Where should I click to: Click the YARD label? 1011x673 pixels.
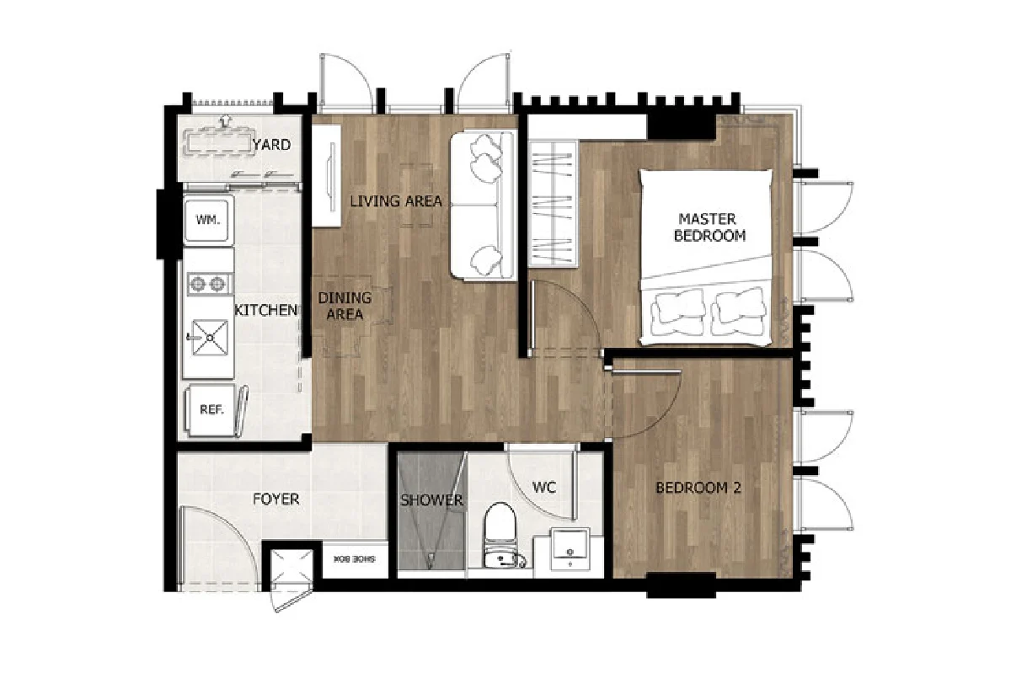pyautogui.click(x=272, y=145)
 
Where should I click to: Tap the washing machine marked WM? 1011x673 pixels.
pyautogui.click(x=208, y=221)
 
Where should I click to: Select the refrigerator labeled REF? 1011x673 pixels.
pyautogui.click(x=211, y=410)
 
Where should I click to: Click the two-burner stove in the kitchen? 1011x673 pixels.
pyautogui.click(x=209, y=285)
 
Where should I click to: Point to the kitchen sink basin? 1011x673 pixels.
pyautogui.click(x=210, y=337)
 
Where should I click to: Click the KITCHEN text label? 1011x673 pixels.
pyautogui.click(x=266, y=310)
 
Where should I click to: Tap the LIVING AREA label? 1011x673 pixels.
pyautogui.click(x=396, y=201)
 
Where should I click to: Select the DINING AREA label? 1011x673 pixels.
pyautogui.click(x=345, y=306)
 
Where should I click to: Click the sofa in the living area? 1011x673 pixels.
pyautogui.click(x=483, y=206)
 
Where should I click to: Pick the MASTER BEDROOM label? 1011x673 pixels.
pyautogui.click(x=709, y=227)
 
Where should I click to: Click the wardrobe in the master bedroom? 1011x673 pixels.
pyautogui.click(x=554, y=203)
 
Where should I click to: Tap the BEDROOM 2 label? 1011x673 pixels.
pyautogui.click(x=698, y=488)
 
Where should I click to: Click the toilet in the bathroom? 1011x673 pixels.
pyautogui.click(x=501, y=535)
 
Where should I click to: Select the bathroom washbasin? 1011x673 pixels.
pyautogui.click(x=570, y=549)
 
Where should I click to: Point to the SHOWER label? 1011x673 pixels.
pyautogui.click(x=432, y=500)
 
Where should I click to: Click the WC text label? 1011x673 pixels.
pyautogui.click(x=544, y=488)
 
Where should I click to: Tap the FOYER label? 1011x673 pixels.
pyautogui.click(x=276, y=499)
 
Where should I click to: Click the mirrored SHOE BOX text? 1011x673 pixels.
pyautogui.click(x=355, y=559)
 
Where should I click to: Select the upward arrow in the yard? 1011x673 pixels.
pyautogui.click(x=224, y=121)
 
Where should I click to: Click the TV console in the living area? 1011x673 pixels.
pyautogui.click(x=326, y=176)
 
